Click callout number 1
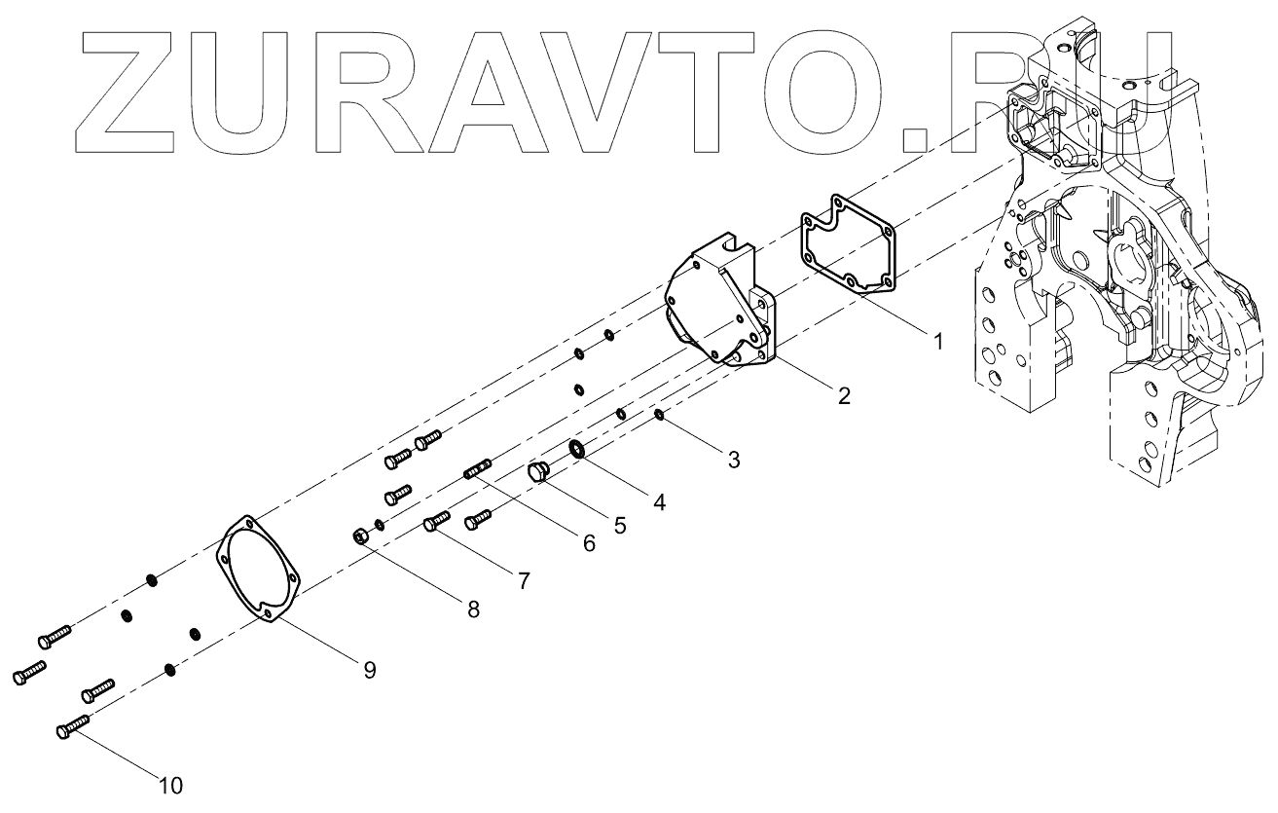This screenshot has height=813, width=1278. coord(936,342)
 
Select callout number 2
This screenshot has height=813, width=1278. coord(843,395)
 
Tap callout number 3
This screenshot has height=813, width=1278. coord(733,459)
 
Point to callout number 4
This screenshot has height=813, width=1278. coord(659,502)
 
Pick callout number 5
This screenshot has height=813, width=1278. coord(619,525)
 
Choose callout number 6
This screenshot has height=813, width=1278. coord(588,544)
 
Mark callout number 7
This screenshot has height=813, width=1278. coord(524,581)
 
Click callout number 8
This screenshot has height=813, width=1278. coord(473,610)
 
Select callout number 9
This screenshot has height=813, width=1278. coord(370,670)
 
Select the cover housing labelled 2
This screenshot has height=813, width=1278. coord(720,302)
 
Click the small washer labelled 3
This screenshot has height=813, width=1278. coord(659,416)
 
